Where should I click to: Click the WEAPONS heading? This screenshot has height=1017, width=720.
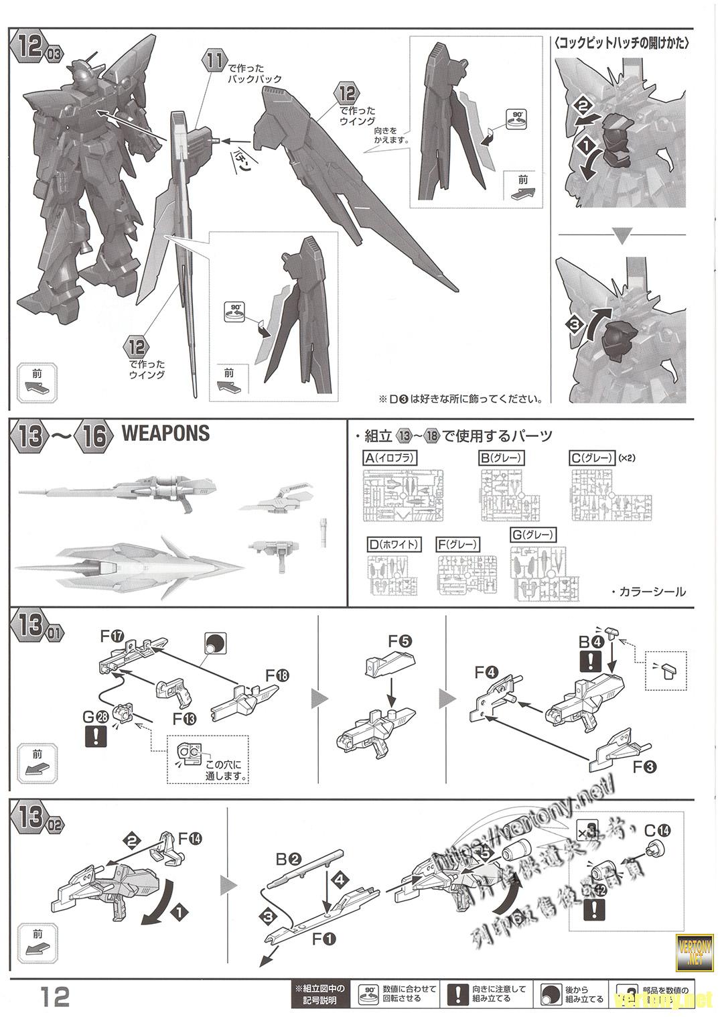[165, 433]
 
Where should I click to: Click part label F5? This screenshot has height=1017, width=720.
[399, 640]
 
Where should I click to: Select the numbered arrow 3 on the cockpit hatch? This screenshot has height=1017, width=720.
[573, 326]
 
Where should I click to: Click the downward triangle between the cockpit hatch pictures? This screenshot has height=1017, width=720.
[623, 236]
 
